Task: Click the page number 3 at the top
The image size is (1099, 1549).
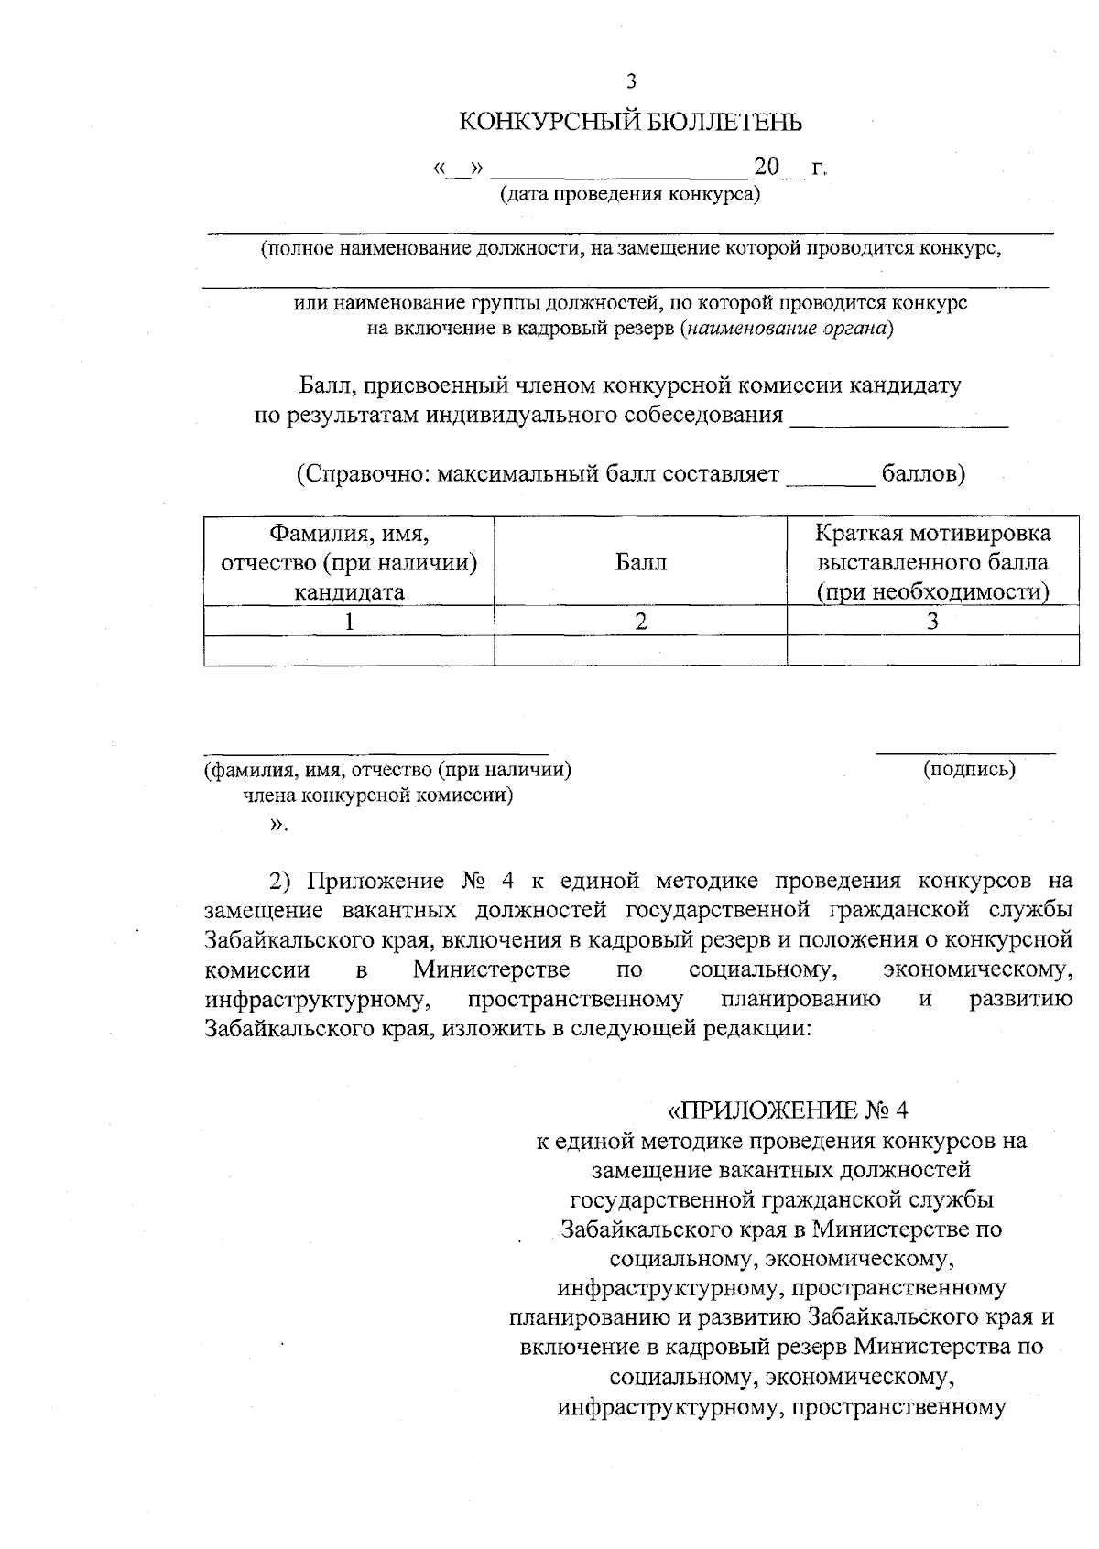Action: pos(630,81)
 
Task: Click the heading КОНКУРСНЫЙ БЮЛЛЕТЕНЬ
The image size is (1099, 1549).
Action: pos(630,122)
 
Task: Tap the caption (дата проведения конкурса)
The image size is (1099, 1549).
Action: pos(630,195)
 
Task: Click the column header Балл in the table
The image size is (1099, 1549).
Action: pos(640,562)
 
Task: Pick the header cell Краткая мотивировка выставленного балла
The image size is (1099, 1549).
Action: pos(932,562)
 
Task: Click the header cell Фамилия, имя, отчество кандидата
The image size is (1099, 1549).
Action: pos(349,562)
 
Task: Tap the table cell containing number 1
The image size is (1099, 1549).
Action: pos(349,621)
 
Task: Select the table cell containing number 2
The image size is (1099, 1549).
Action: pos(640,621)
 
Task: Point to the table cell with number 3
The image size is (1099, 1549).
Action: pos(932,621)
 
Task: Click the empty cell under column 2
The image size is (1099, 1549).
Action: pos(640,650)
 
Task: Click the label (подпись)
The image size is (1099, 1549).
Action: pos(970,769)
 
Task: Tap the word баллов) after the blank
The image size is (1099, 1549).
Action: pos(922,474)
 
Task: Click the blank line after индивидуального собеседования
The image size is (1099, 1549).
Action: pos(898,417)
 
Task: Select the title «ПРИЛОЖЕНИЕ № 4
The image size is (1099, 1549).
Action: pos(788,1110)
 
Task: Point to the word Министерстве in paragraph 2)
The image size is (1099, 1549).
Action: pos(491,969)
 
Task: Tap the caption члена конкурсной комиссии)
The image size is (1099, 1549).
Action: pos(377,796)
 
